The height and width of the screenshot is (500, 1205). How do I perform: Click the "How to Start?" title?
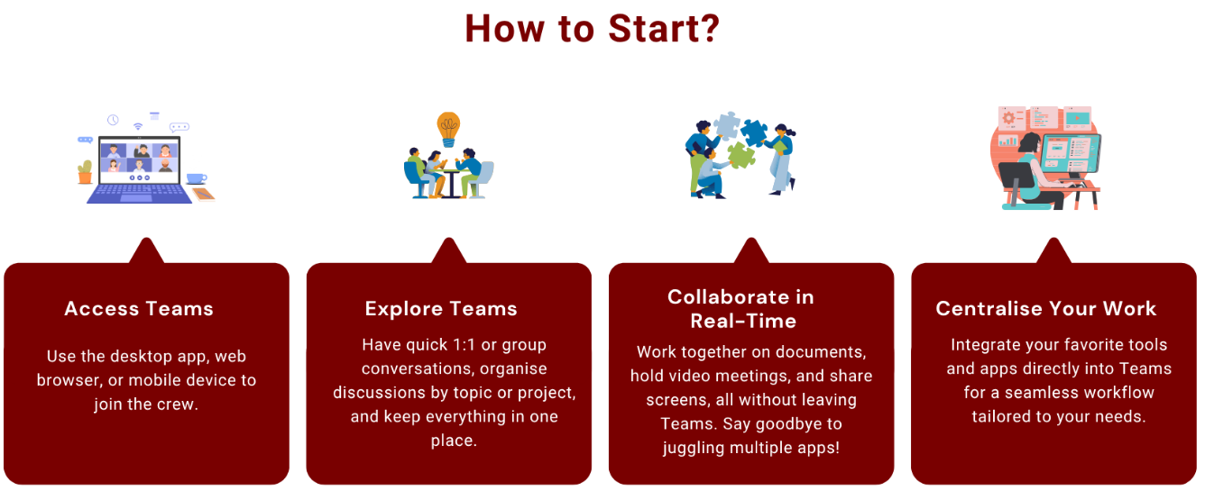[593, 28]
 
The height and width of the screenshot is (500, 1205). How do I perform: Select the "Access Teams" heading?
[139, 309]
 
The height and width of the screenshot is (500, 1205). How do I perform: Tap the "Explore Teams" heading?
[441, 309]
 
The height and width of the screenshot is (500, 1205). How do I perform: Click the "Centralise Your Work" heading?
[1045, 309]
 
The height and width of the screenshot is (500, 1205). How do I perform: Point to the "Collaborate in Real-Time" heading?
[741, 309]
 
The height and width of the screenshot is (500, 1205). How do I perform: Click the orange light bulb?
[448, 129]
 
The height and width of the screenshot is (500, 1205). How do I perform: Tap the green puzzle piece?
[741, 155]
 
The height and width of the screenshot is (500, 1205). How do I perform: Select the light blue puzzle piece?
[727, 125]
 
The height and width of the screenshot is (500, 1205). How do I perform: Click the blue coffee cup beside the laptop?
[197, 178]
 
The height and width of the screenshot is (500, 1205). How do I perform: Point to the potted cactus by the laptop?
[85, 172]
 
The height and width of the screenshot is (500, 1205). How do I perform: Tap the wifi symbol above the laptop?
[138, 126]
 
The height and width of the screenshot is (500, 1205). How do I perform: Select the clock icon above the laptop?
[113, 120]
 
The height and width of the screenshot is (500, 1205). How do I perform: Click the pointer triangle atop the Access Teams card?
[146, 250]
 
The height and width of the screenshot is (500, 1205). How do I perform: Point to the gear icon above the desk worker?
[1008, 118]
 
